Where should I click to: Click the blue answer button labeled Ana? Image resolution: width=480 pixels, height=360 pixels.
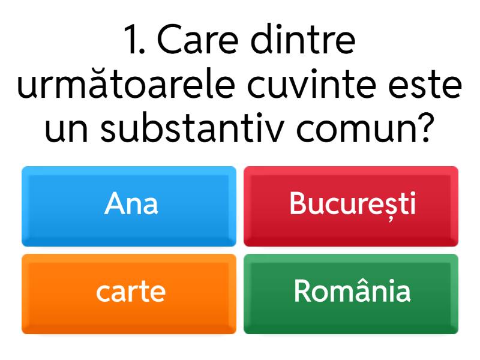point(129,206)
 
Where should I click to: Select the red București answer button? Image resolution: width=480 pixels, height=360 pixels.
point(351,206)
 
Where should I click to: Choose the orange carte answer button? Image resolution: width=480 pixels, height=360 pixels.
point(129,293)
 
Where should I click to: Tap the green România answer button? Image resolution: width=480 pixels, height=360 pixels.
point(351,293)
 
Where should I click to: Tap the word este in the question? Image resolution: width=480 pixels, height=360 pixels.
point(430,86)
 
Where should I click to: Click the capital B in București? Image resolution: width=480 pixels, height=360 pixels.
point(297,204)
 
